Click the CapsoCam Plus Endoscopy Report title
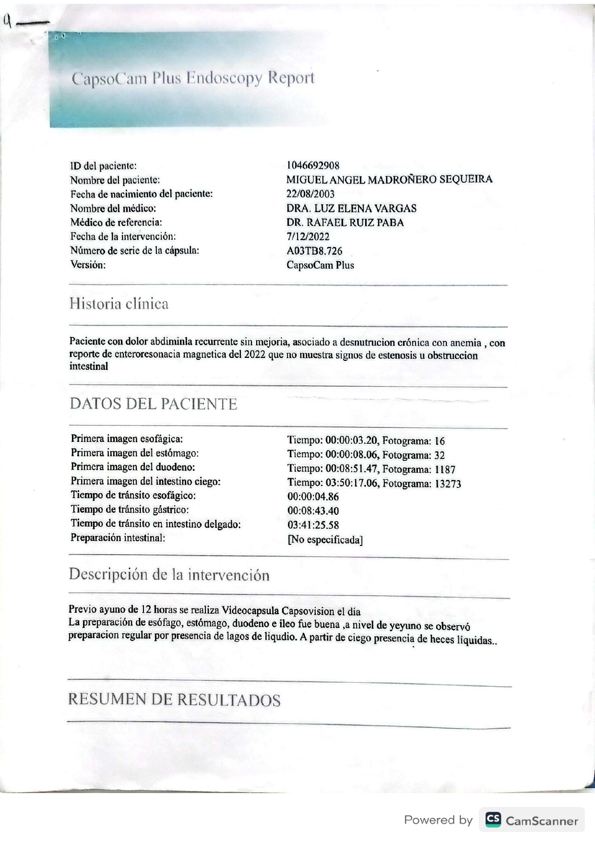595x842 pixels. (x=193, y=78)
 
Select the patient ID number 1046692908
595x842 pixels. (x=313, y=166)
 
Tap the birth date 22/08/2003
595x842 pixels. (x=310, y=194)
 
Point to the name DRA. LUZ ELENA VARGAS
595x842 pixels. (x=351, y=208)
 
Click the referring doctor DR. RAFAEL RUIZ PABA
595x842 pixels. (x=345, y=222)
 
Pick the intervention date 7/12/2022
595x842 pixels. (x=308, y=237)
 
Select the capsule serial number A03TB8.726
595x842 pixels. (x=314, y=251)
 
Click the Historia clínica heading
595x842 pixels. (x=119, y=304)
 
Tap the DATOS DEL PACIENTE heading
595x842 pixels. (x=154, y=404)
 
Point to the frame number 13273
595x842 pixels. (x=448, y=484)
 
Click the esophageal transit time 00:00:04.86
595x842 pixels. (x=313, y=497)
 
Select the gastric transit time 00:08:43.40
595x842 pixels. (x=313, y=511)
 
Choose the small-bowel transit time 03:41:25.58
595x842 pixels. (x=313, y=525)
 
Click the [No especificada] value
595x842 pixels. (x=325, y=540)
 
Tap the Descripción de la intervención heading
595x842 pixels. (x=169, y=575)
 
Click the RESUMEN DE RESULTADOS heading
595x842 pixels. (x=174, y=700)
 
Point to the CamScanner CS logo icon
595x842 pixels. (x=493, y=819)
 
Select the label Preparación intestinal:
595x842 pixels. (x=118, y=538)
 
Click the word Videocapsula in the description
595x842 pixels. (x=250, y=611)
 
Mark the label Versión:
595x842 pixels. (x=88, y=264)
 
